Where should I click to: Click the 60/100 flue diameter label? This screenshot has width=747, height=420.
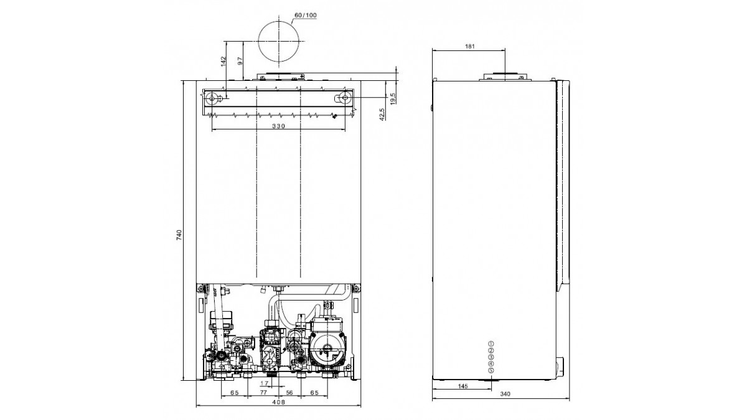[306, 16]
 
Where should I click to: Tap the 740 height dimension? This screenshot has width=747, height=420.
[179, 235]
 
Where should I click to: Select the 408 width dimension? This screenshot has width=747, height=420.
[278, 402]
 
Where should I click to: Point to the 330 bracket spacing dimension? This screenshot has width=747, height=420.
[278, 126]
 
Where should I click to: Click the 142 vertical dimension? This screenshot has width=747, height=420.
[223, 62]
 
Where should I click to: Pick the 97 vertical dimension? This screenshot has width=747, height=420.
[240, 61]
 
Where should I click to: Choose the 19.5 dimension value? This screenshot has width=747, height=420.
[393, 99]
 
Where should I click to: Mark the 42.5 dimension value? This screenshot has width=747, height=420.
[382, 114]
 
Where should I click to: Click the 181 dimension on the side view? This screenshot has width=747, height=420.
[469, 46]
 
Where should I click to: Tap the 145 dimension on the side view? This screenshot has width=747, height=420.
[463, 386]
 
